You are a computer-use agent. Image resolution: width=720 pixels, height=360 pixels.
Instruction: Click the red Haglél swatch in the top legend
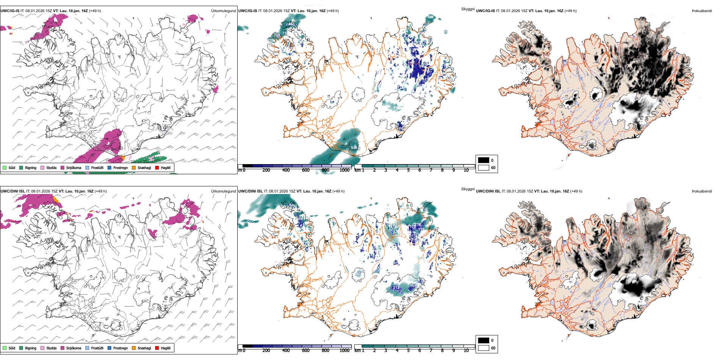157,167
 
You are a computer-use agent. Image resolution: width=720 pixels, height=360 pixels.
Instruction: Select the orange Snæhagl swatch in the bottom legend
134,348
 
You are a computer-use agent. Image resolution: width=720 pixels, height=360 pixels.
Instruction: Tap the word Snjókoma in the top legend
74,167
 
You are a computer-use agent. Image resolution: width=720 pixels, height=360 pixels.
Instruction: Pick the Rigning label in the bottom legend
31,348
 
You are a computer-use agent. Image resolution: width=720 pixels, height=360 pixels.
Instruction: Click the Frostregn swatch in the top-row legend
110,167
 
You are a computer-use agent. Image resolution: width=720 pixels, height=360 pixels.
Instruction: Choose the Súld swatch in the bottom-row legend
5,348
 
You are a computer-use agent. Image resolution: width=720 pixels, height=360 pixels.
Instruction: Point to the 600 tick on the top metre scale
305,170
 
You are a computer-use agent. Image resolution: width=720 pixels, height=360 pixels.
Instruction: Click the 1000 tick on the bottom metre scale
344,351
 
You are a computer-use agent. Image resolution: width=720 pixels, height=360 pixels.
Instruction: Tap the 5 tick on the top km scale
408,170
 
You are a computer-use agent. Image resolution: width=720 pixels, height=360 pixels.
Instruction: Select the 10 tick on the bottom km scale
466,351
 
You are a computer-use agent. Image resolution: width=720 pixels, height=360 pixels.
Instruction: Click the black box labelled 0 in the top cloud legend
484,160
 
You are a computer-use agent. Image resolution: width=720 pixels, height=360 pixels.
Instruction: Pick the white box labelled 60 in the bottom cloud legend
484,348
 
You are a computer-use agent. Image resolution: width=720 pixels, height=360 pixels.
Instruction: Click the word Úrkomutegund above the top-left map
223,11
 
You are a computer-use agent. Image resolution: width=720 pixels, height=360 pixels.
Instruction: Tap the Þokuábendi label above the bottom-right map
702,191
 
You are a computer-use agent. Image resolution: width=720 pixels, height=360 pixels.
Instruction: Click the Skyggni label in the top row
468,9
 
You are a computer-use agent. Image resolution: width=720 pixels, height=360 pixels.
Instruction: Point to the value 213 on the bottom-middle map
396,288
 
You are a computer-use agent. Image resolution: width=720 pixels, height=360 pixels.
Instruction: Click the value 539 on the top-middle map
354,148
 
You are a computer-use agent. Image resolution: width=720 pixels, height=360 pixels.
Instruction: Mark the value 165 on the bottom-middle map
413,286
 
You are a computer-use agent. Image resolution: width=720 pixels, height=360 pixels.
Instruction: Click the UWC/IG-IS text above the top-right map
485,11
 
